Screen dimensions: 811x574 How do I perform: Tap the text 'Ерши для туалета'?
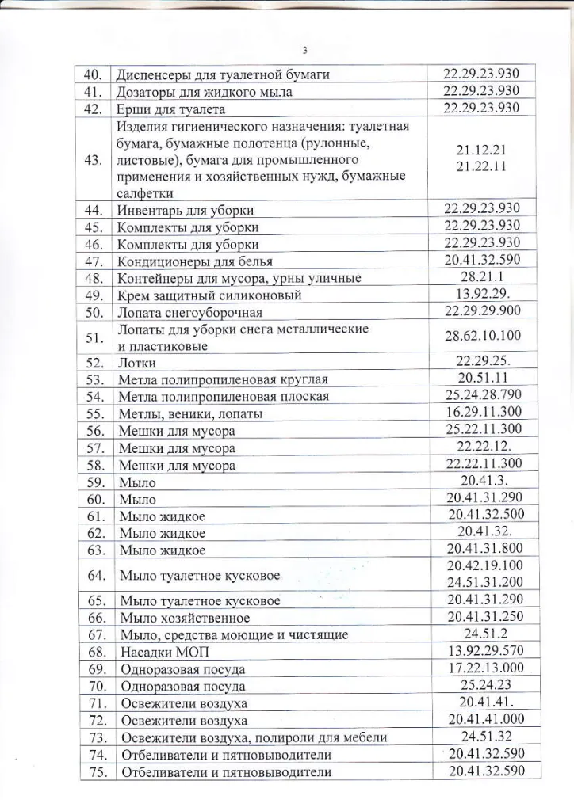tap(171, 109)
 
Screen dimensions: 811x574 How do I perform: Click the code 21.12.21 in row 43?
tap(482, 150)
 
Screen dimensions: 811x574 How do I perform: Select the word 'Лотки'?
tap(137, 364)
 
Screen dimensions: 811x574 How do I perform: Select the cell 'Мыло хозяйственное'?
tap(184, 617)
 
